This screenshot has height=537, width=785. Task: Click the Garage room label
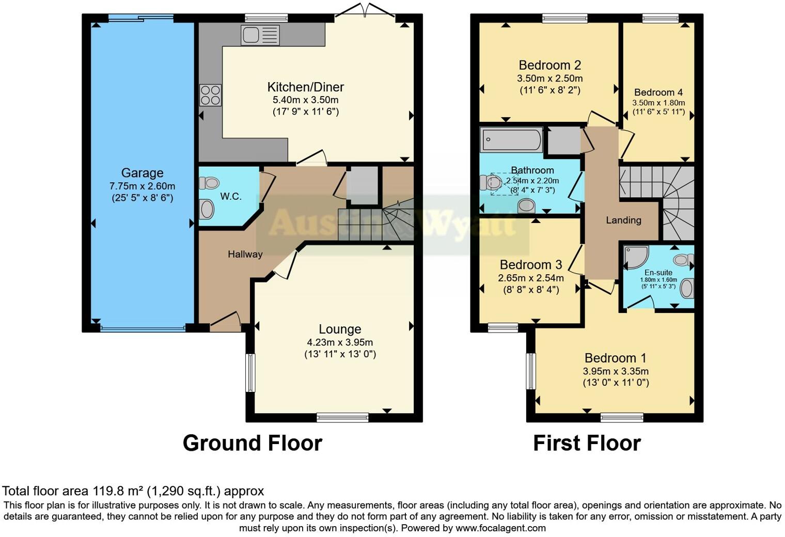pyautogui.click(x=142, y=173)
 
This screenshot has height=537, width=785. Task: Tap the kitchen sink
pyautogui.click(x=260, y=35)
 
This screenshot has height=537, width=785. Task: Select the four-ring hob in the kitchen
pyautogui.click(x=210, y=95)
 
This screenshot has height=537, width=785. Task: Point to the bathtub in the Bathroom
pyautogui.click(x=511, y=139)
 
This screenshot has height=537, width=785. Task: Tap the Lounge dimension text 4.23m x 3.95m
pyautogui.click(x=340, y=342)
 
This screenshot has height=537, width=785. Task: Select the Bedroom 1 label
pyautogui.click(x=615, y=358)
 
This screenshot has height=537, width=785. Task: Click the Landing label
pyautogui.click(x=623, y=220)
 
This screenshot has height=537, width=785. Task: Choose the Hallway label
pyautogui.click(x=245, y=254)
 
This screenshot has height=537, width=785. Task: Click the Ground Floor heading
pyautogui.click(x=252, y=443)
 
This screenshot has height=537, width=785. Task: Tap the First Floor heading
pyautogui.click(x=587, y=443)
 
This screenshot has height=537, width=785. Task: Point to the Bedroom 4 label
pyautogui.click(x=658, y=92)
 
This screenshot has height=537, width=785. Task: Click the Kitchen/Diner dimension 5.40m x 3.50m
pyautogui.click(x=305, y=100)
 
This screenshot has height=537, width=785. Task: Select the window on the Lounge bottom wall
pyautogui.click(x=342, y=418)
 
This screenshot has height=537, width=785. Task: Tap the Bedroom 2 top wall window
pyautogui.click(x=564, y=19)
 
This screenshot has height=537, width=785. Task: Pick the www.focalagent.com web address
pyautogui.click(x=500, y=528)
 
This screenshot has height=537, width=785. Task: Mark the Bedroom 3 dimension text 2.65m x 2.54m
pyautogui.click(x=530, y=278)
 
